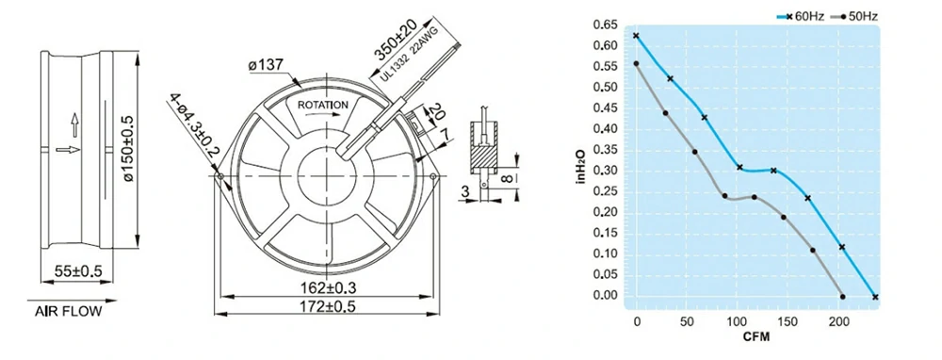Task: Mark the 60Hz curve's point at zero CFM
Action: click(x=637, y=36)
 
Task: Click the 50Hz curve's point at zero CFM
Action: click(x=637, y=64)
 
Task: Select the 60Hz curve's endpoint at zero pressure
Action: click(x=876, y=297)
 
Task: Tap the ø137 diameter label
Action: click(x=266, y=65)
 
